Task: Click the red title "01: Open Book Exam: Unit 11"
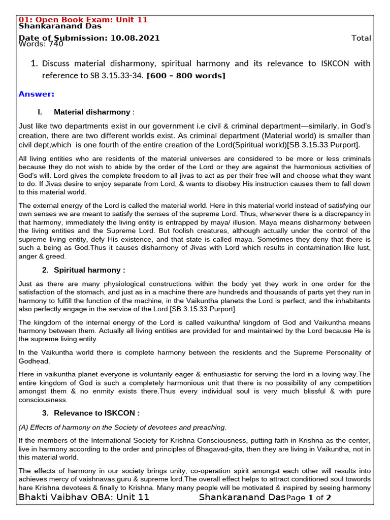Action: point(83,19)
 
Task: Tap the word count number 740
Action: point(56,44)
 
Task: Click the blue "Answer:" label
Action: point(36,94)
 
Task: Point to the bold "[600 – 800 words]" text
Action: point(186,76)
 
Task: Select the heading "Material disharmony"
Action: point(92,112)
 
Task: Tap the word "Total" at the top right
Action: point(361,38)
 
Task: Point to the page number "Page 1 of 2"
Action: point(309,498)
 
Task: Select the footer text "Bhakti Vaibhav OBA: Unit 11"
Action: point(84,497)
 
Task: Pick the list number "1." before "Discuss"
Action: point(34,63)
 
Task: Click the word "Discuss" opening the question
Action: point(56,63)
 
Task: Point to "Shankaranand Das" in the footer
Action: point(242,497)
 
